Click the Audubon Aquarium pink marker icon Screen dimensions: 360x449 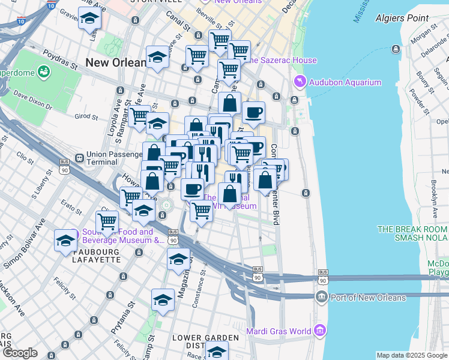point(299,81)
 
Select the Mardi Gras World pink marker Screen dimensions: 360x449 point(320,331)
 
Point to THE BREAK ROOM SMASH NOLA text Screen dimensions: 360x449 point(412,233)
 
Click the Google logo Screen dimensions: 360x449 point(19,353)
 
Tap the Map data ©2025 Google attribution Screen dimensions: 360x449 point(412,355)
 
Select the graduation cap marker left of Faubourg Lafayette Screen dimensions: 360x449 point(65,241)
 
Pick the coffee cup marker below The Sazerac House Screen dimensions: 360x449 point(253,112)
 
